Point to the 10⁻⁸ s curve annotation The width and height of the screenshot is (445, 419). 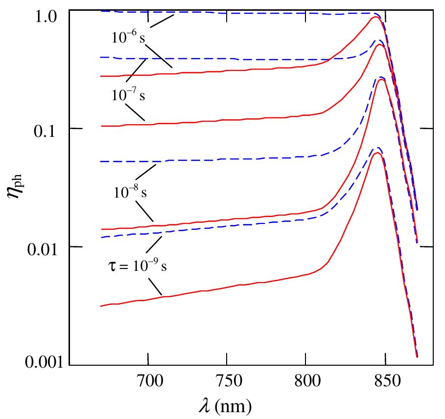[x=130, y=192]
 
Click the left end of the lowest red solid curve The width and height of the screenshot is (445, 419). [x=101, y=306]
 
